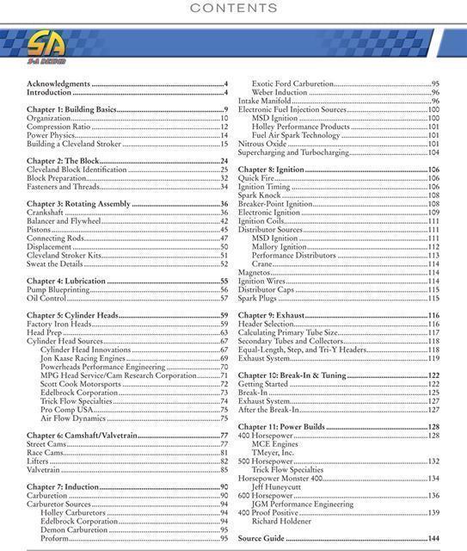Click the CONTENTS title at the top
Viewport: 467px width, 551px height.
(234, 9)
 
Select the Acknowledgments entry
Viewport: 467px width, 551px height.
(58, 84)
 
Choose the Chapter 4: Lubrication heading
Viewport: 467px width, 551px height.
(66, 281)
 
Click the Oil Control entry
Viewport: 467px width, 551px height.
(46, 299)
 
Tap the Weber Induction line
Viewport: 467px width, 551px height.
(280, 92)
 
